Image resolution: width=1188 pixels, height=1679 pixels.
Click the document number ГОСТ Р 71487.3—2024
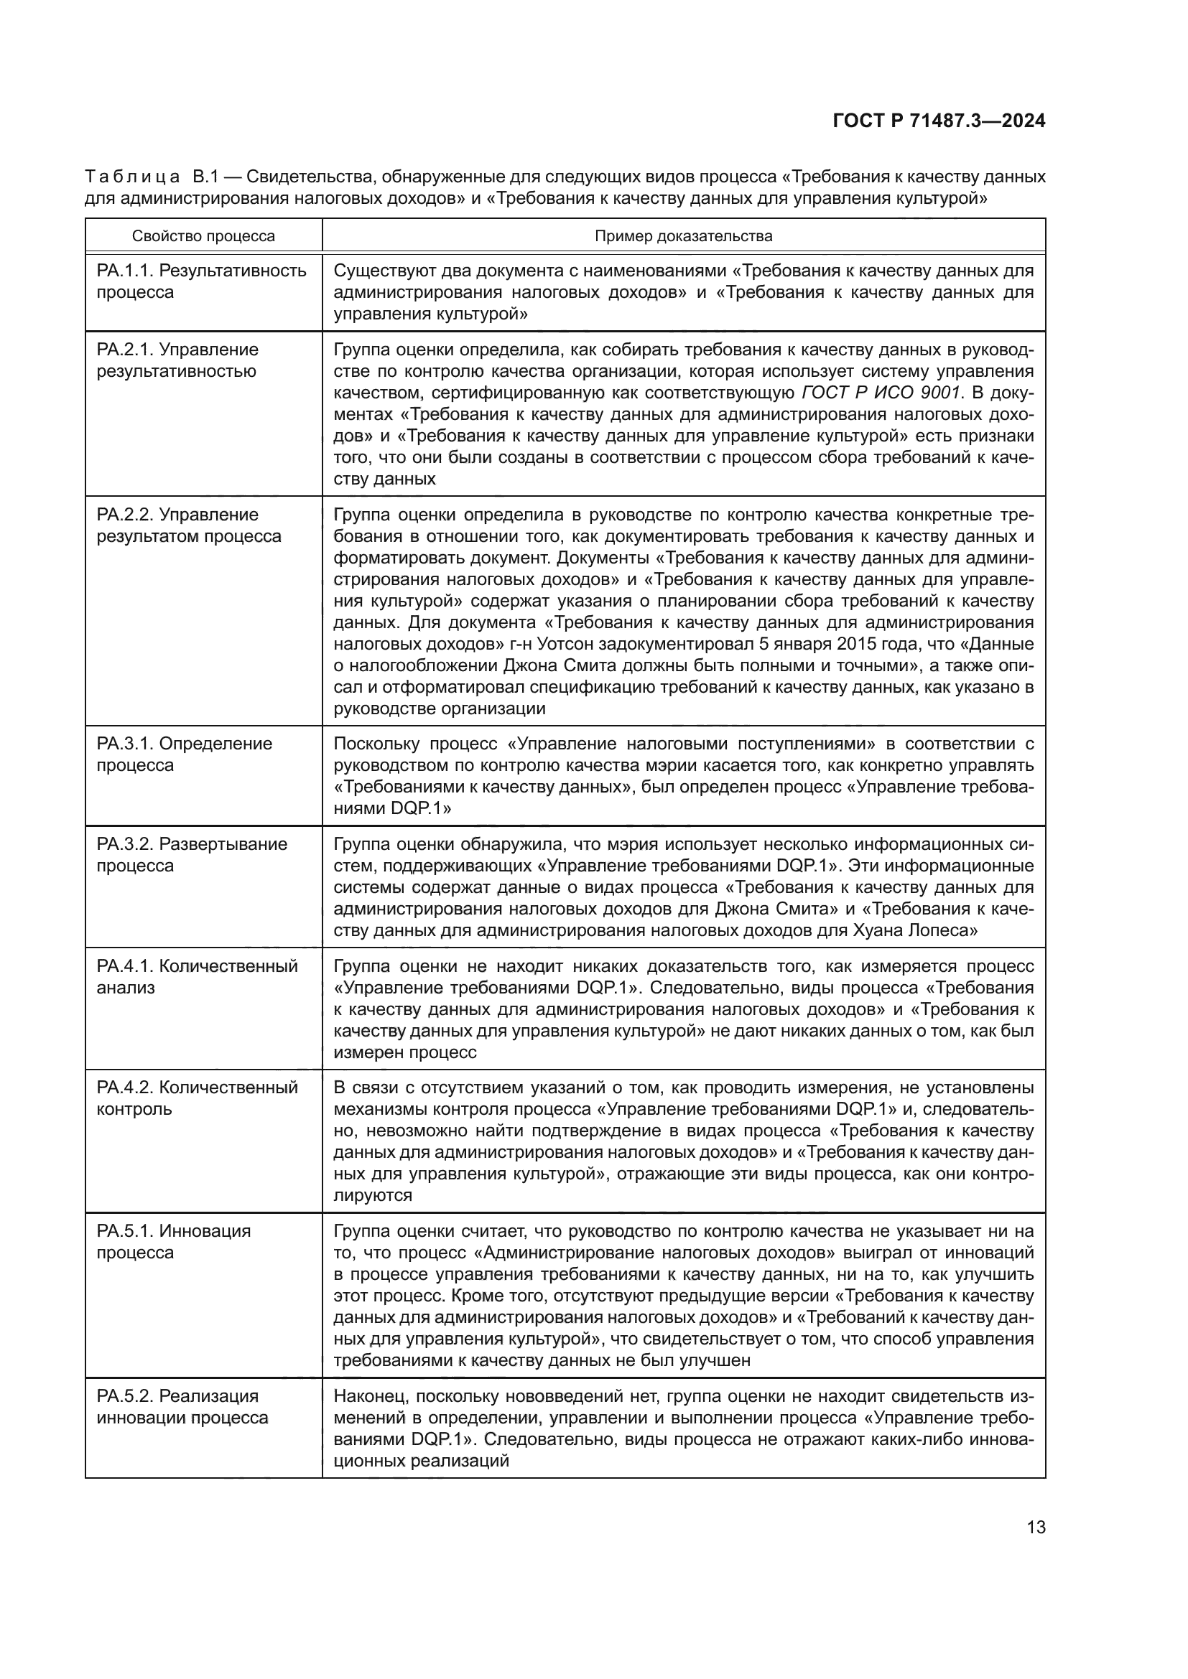(939, 121)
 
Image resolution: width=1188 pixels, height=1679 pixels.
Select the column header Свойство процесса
(203, 236)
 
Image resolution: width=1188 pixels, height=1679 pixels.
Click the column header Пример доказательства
(683, 236)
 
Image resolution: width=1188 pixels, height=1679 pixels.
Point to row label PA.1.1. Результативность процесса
(201, 281)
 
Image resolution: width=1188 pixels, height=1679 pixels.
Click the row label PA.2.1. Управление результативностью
(177, 360)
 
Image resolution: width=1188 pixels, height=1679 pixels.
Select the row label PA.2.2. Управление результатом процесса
(189, 525)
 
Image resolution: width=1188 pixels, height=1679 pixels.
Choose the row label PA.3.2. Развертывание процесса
(192, 855)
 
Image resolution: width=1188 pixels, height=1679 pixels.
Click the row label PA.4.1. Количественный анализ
(197, 977)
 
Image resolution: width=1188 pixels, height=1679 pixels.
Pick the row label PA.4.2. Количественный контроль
(197, 1098)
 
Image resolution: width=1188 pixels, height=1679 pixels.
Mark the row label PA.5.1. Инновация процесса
(173, 1242)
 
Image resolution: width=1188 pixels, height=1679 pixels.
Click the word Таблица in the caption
(132, 177)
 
